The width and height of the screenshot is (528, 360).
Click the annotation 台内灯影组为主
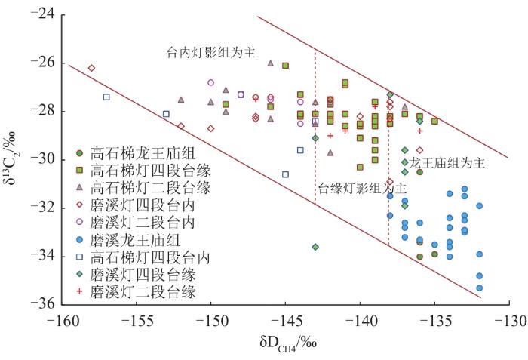point(211,53)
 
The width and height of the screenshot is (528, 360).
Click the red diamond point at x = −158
point(91,68)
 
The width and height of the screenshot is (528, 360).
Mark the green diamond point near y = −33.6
point(315,247)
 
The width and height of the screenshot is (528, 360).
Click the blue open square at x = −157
point(106,97)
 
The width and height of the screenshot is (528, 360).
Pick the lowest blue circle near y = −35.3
point(479,288)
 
